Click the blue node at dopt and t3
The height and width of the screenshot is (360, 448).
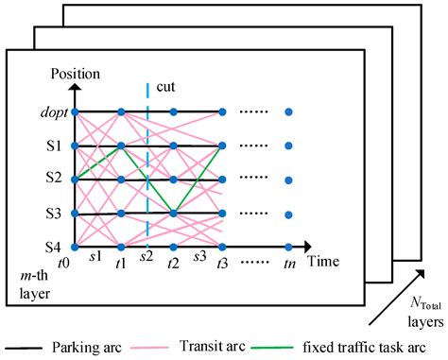pos(221,111)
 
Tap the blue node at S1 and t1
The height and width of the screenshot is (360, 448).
pos(120,146)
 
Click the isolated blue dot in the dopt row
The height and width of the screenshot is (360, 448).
pos(288,111)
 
